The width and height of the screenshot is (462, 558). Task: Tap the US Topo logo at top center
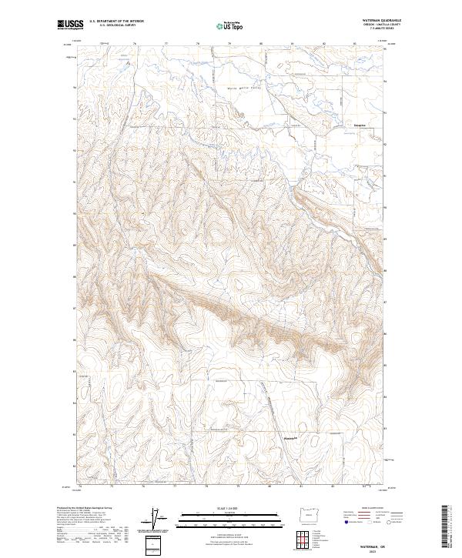(227, 25)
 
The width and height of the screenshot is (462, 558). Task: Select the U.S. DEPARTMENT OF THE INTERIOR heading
(116, 22)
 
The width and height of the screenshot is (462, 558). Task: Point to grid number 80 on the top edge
(261, 44)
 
